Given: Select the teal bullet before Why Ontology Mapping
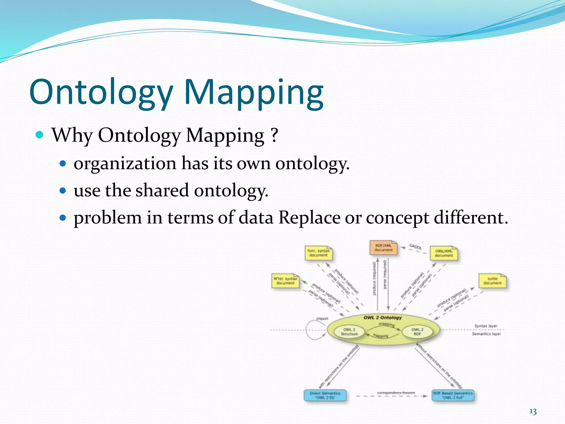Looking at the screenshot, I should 40,135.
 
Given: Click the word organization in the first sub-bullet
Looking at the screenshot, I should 125,163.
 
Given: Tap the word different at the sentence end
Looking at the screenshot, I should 470,218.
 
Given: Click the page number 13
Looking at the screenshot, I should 533,412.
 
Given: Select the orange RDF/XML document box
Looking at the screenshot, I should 383,248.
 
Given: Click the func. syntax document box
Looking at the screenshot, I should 318,253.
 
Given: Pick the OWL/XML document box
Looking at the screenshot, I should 444,253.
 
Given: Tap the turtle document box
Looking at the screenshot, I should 492,281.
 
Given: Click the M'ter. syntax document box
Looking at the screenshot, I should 285,281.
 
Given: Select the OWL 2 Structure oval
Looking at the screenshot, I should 349,332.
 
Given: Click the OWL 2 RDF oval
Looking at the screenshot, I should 417,332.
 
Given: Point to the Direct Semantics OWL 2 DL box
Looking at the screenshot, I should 325,395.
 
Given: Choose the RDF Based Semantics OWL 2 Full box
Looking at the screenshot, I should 453,395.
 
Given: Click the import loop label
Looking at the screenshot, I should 322,319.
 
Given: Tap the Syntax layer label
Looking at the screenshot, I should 486,326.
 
